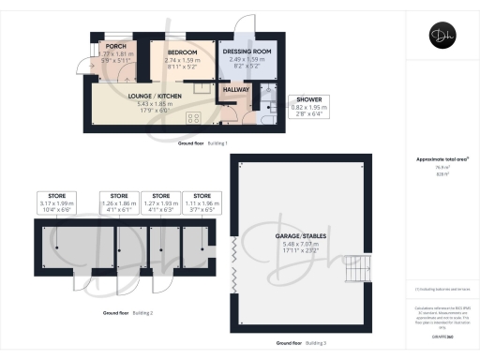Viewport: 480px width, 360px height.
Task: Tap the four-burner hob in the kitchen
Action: pos(195,117)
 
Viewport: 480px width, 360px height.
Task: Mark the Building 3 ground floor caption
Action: pos(302,344)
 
